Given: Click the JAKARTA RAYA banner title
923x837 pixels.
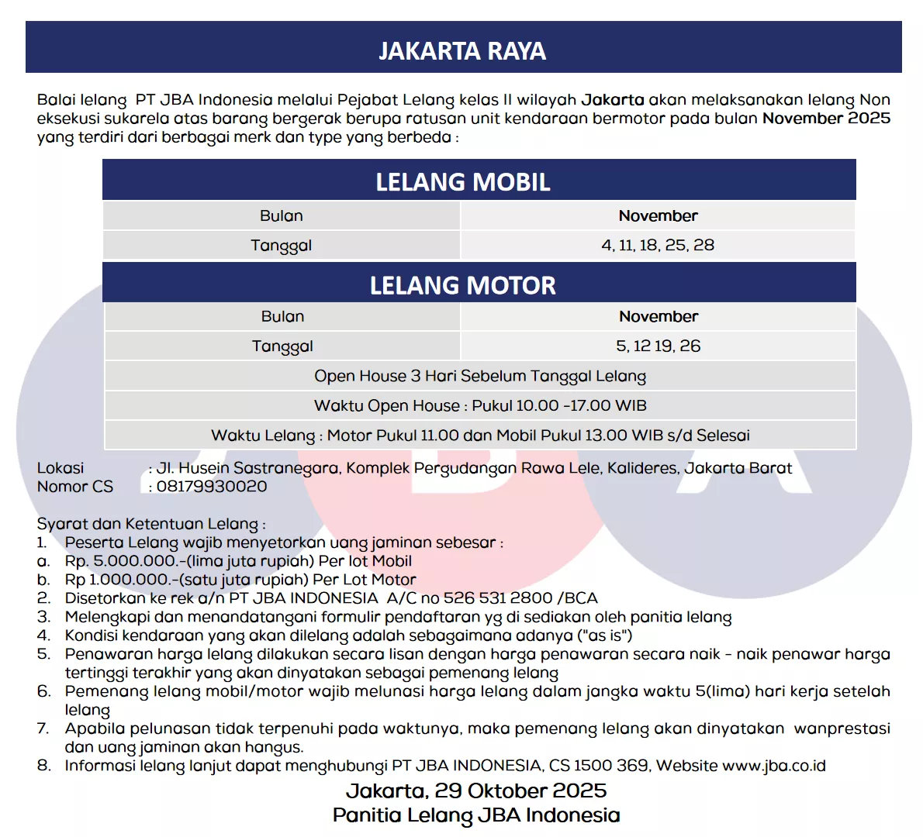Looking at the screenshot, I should click(462, 51).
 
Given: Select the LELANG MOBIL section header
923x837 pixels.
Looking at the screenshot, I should click(463, 182).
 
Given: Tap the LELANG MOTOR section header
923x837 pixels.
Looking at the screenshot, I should click(463, 285).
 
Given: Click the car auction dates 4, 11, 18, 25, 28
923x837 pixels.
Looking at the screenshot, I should click(658, 245).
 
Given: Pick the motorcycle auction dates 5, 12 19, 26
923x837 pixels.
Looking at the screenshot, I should click(658, 346).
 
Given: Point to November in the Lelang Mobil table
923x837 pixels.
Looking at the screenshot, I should click(658, 215).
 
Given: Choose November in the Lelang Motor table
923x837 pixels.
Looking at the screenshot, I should click(658, 316).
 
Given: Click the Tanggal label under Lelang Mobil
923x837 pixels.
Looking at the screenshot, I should click(281, 246).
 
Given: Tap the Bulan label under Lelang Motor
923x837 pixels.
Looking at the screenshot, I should click(282, 316).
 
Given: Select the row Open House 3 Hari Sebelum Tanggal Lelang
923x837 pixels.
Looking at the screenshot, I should click(480, 376).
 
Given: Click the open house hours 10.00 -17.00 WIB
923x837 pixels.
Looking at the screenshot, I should click(558, 405).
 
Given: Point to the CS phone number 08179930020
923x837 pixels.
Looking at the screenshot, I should click(212, 487).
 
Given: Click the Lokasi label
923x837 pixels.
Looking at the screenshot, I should click(60, 468).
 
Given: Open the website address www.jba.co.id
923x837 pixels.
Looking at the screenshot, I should click(773, 766).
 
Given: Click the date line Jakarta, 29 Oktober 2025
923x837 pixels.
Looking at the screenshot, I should click(476, 790).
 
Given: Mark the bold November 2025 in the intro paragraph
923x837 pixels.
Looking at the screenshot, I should click(826, 119).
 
